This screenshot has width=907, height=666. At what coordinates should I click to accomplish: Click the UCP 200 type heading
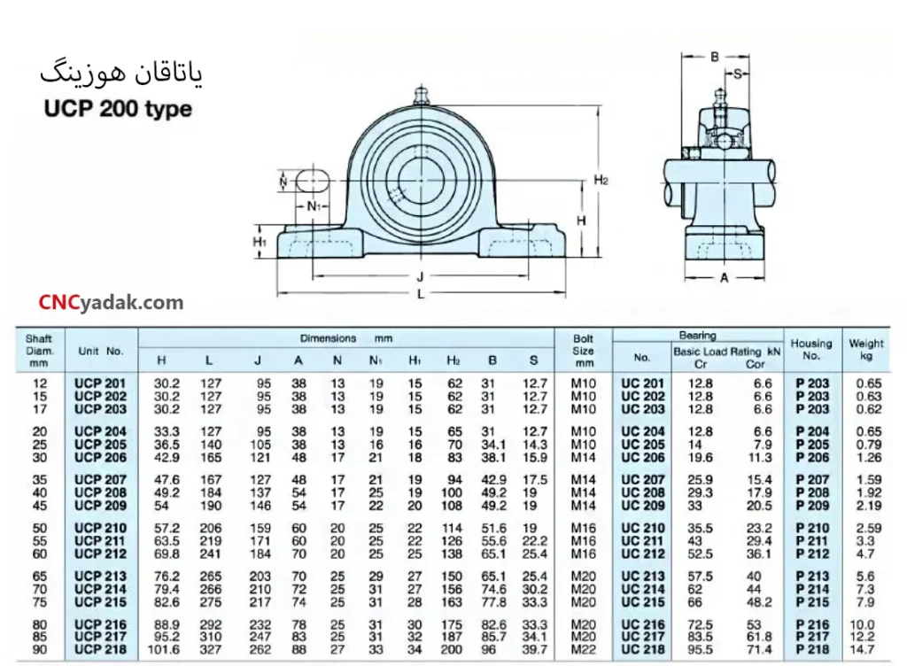tap(118, 109)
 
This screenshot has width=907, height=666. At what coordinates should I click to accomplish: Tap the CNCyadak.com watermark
tap(111, 302)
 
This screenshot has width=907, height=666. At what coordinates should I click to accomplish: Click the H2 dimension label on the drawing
tap(601, 181)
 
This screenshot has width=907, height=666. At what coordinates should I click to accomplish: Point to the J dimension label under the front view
tap(421, 276)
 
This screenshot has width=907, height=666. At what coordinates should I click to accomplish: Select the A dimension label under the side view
tap(724, 278)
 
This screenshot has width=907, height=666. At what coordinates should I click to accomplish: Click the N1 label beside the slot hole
tap(313, 206)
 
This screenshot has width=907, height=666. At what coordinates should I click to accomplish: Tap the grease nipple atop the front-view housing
tap(421, 96)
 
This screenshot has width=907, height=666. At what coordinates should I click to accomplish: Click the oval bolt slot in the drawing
tap(313, 181)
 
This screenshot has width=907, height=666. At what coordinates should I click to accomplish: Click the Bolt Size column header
tap(584, 351)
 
